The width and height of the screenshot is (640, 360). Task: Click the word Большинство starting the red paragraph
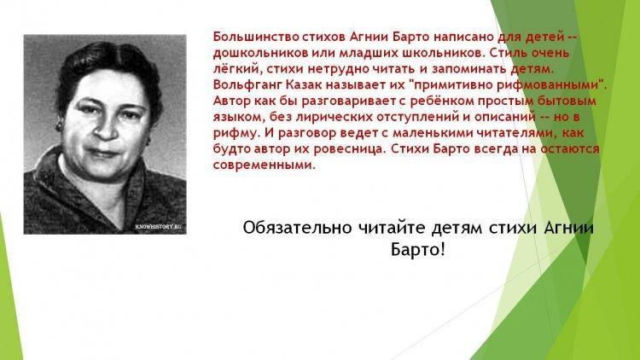coord(256,37)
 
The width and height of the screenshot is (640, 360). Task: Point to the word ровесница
coord(349,149)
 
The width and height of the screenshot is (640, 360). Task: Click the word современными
coord(265,165)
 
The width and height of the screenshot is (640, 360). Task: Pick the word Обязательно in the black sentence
coord(297,228)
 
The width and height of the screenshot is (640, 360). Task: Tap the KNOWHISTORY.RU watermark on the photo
coord(159,227)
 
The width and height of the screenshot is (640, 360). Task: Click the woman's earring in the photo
coord(60,125)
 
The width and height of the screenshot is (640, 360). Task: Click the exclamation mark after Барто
coord(442,249)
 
